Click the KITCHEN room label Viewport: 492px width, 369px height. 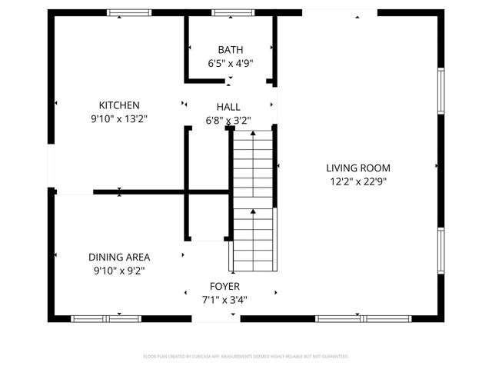click(118, 105)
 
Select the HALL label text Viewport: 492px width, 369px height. click(228, 107)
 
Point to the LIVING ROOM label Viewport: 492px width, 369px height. click(358, 168)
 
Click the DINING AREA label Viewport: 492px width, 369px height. click(118, 257)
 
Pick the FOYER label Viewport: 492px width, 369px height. click(224, 285)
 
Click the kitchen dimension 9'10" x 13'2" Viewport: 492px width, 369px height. click(118, 119)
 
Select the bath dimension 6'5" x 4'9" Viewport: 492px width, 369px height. click(230, 64)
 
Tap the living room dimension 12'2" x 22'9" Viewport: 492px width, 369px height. click(358, 182)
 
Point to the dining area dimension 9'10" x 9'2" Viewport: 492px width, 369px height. click(118, 271)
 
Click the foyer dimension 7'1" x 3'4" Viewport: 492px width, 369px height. click(224, 300)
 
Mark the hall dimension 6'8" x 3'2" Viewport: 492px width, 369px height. click(228, 120)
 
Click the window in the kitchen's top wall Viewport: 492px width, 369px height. click(129, 13)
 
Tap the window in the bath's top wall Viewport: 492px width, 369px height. click(234, 13)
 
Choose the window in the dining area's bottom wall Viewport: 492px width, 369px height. click(106, 318)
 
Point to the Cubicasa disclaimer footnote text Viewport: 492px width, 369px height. click(246, 357)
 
